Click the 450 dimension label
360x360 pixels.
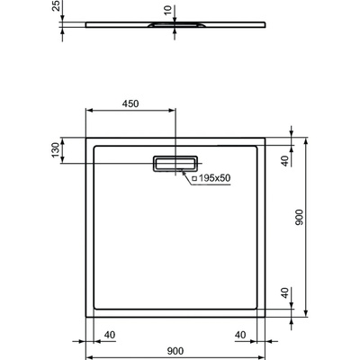coord(131,103)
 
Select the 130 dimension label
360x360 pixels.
coord(56,148)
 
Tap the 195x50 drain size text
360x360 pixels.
coord(215,178)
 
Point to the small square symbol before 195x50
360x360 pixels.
coord(193,178)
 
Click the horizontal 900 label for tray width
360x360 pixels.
coord(175,353)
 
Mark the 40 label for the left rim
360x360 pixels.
coord(110,335)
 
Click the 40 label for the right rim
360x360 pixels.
coord(240,335)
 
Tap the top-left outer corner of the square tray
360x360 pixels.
coord(86,137)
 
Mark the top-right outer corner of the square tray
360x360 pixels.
coord(265,137)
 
